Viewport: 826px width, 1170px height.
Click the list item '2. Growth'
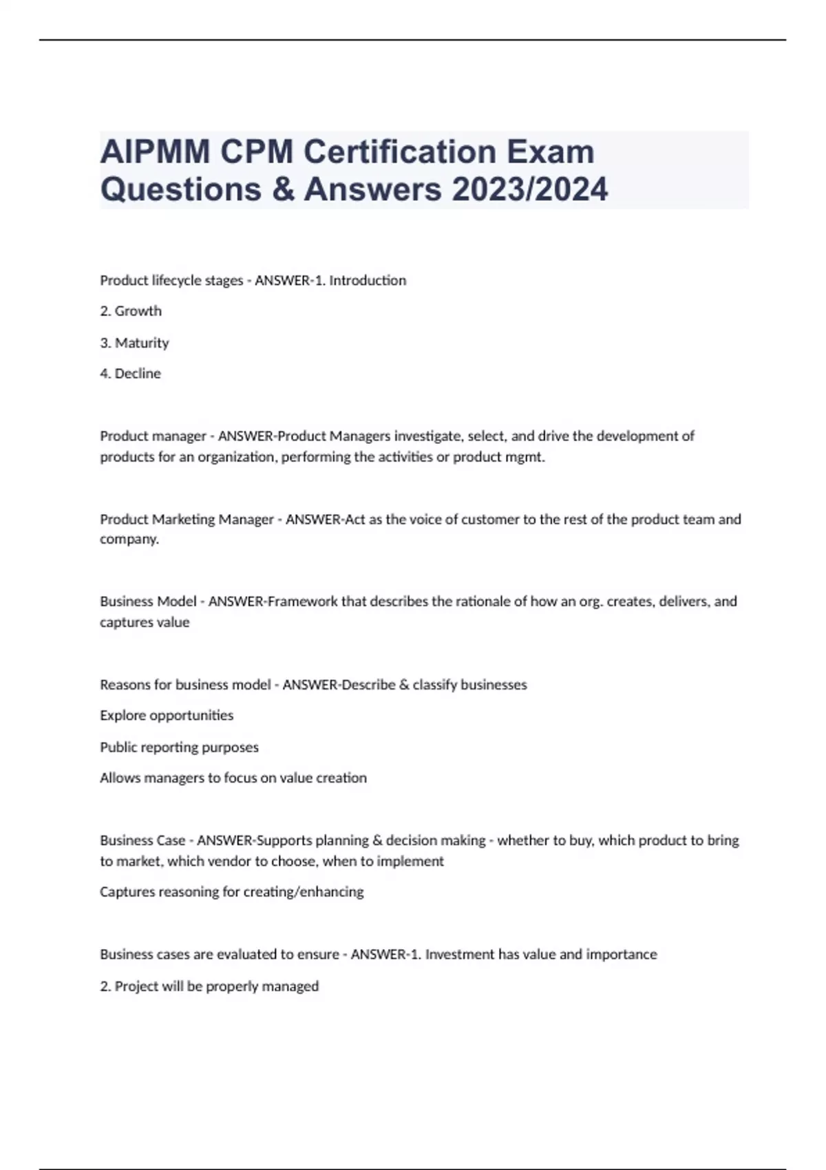pyautogui.click(x=131, y=311)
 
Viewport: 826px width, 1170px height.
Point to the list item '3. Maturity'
pyautogui.click(x=134, y=343)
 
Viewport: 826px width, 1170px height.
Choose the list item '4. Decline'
pyautogui.click(x=130, y=374)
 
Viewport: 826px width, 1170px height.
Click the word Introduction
pyautogui.click(x=368, y=281)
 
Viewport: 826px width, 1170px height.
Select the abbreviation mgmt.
pyautogui.click(x=526, y=457)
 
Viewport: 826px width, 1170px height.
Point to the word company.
pyautogui.click(x=129, y=540)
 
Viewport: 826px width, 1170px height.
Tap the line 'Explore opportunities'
pyautogui.click(x=167, y=716)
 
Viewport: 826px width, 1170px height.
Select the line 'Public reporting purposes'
pyautogui.click(x=179, y=747)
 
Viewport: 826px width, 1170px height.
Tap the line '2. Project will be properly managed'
pyautogui.click(x=209, y=986)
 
